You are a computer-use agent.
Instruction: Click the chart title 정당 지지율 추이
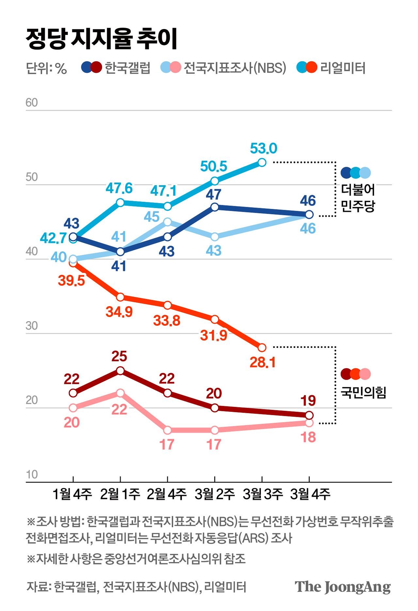tap(102, 39)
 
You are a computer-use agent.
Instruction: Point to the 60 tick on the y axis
tap(32, 102)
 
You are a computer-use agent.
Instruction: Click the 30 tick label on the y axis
tap(32, 326)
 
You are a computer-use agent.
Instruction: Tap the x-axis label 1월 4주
tap(72, 494)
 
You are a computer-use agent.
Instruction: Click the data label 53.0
tap(264, 149)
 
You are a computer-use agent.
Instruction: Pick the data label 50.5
tap(214, 166)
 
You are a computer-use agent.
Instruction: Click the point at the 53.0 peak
tap(262, 162)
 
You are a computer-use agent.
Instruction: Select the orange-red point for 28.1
tap(262, 348)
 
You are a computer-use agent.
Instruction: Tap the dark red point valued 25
tap(121, 371)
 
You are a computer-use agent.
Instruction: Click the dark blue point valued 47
tap(215, 207)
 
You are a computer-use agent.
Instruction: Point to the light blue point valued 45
tap(168, 222)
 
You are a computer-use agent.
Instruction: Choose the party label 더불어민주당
tap(358, 198)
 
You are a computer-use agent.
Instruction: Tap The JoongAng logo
tap(343, 587)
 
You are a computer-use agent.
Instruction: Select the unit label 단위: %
tap(46, 68)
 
